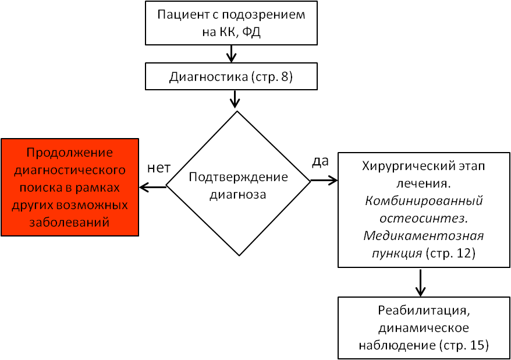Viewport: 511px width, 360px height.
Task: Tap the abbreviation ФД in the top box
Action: point(251,32)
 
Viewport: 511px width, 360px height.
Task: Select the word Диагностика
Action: point(208,77)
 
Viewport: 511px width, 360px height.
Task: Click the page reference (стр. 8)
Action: point(272,77)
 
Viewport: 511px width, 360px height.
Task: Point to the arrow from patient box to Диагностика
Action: point(231,54)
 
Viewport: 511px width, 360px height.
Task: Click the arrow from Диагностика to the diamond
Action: point(235,99)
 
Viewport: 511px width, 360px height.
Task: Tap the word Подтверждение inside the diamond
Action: point(238,177)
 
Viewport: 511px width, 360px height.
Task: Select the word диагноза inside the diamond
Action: point(237,195)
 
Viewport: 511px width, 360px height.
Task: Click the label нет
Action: point(159,168)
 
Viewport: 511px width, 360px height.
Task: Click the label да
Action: point(320,161)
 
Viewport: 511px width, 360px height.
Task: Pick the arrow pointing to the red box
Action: point(153,187)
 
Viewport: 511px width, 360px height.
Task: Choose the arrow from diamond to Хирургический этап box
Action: point(324,181)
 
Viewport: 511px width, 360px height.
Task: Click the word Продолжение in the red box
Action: point(70,153)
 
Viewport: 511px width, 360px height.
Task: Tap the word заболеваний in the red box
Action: point(69,223)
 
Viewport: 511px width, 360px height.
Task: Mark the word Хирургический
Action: point(404,166)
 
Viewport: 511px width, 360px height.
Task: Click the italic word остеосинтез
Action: point(424,218)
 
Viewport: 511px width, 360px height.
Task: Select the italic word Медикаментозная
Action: point(424,235)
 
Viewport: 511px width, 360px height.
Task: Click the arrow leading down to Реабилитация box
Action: point(420,283)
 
